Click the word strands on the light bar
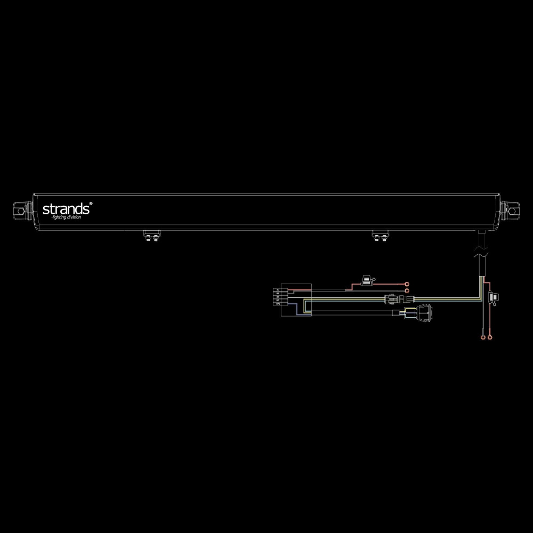click(67, 208)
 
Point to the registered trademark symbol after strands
click(91, 203)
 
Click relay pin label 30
click(278, 290)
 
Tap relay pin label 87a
click(278, 303)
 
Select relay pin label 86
click(278, 296)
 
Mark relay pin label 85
click(278, 293)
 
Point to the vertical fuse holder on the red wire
click(492, 297)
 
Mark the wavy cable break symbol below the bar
click(481, 251)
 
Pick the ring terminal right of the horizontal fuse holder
click(406, 284)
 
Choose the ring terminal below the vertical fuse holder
click(489, 337)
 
